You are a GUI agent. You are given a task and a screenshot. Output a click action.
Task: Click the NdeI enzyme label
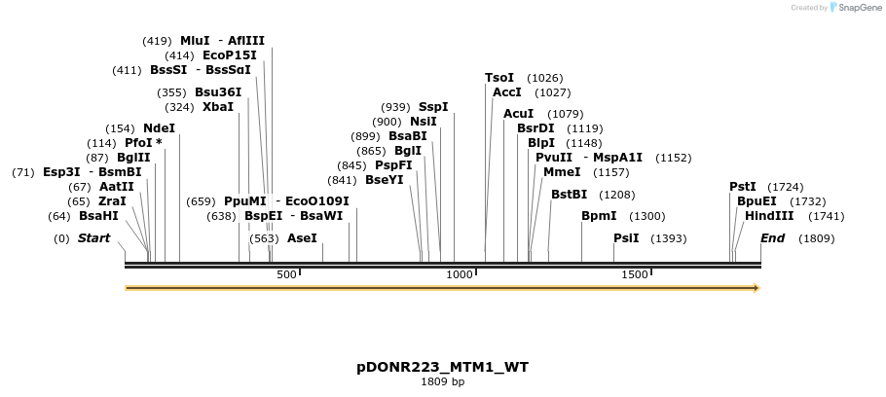tap(159, 128)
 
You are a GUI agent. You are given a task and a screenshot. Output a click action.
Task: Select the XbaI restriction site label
tap(218, 107)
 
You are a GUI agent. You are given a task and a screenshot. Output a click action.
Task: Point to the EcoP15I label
tap(230, 56)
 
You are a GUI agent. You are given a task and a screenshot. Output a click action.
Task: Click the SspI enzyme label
tap(433, 107)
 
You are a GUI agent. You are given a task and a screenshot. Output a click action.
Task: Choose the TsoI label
tap(499, 78)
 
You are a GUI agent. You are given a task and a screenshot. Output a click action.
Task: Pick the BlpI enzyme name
tap(541, 143)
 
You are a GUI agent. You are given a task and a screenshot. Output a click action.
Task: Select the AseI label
tap(302, 238)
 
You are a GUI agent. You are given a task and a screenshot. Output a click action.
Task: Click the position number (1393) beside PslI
tap(669, 238)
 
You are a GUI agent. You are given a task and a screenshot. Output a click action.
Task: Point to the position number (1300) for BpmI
tap(647, 216)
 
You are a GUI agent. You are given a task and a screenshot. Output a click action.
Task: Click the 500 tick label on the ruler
tap(286, 275)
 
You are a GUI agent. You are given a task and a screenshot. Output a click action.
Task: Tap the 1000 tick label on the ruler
tap(459, 275)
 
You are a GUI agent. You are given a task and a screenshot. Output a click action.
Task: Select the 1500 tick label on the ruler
tap(634, 275)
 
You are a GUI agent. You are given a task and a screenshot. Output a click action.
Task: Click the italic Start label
tap(94, 238)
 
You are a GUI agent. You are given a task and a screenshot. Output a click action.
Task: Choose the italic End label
tap(772, 238)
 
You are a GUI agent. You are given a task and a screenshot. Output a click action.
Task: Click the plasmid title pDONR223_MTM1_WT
tap(443, 367)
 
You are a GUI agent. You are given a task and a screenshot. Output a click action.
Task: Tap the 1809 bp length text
tap(443, 381)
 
